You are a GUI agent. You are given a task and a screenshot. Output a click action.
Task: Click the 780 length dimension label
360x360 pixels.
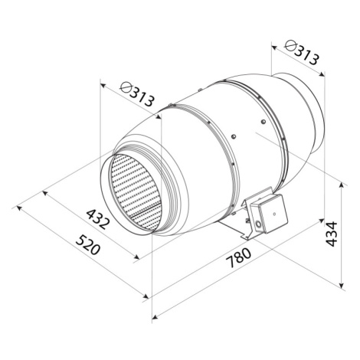pyautogui.click(x=239, y=257)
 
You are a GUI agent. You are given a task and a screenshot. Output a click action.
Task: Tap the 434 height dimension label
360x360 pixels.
pyautogui.click(x=332, y=234)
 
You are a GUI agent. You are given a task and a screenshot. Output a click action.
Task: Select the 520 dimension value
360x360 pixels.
pyautogui.click(x=88, y=245)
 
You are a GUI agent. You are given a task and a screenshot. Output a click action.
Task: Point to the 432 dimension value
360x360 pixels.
pyautogui.click(x=98, y=219)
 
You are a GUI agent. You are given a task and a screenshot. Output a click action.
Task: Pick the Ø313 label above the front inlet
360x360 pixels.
pyautogui.click(x=137, y=93)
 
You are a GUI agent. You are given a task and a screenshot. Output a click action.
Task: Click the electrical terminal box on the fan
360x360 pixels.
pyautogui.click(x=269, y=214)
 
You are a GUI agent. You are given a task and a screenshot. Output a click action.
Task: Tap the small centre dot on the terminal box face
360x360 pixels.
pyautogui.click(x=274, y=214)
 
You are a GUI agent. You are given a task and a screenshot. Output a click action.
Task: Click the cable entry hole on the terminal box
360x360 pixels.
pyautogui.click(x=258, y=224)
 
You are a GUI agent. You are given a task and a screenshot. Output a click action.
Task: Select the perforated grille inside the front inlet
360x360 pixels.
pyautogui.click(x=136, y=192)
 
